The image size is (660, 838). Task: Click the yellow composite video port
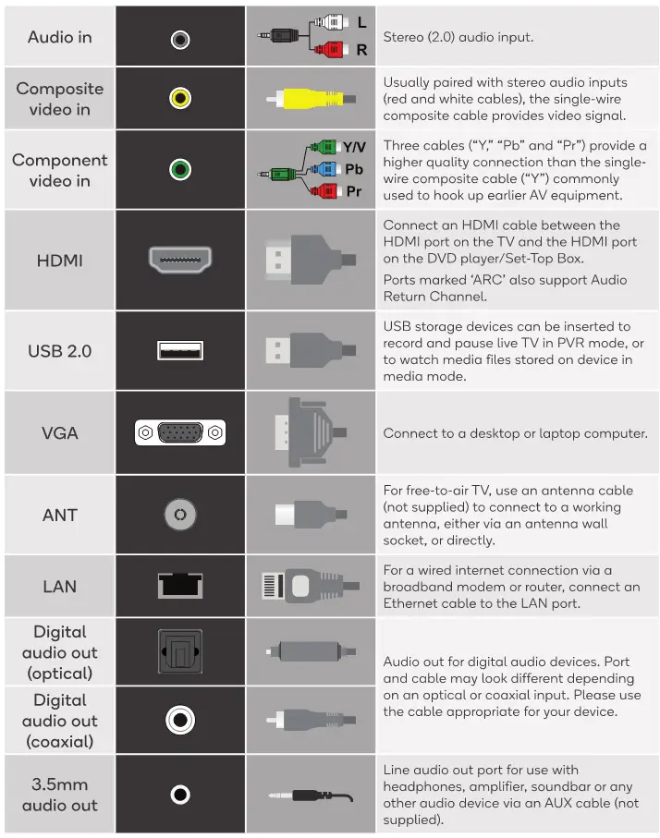pyautogui.click(x=180, y=98)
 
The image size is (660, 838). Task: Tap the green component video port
pyautogui.click(x=180, y=170)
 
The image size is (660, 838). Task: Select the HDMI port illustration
pyautogui.click(x=180, y=260)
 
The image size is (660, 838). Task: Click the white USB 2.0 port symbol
pyautogui.click(x=180, y=351)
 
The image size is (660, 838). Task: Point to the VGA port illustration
pyautogui.click(x=180, y=432)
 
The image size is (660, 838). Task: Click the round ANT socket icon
pyautogui.click(x=180, y=515)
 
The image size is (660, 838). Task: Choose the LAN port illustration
pyautogui.click(x=180, y=586)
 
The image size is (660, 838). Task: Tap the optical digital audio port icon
pyautogui.click(x=180, y=651)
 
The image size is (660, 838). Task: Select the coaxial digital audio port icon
pyautogui.click(x=180, y=720)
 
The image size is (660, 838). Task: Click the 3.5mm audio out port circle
pyautogui.click(x=180, y=795)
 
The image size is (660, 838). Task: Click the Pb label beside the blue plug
pyautogui.click(x=354, y=169)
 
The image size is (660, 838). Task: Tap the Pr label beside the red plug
pyautogui.click(x=353, y=191)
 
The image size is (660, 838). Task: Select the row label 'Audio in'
pyautogui.click(x=59, y=38)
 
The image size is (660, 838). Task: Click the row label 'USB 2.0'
pyautogui.click(x=59, y=351)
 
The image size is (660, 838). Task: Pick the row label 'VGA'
pyautogui.click(x=59, y=432)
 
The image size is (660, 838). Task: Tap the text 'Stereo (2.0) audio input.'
pyautogui.click(x=458, y=38)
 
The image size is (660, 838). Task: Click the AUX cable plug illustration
pyautogui.click(x=309, y=795)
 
